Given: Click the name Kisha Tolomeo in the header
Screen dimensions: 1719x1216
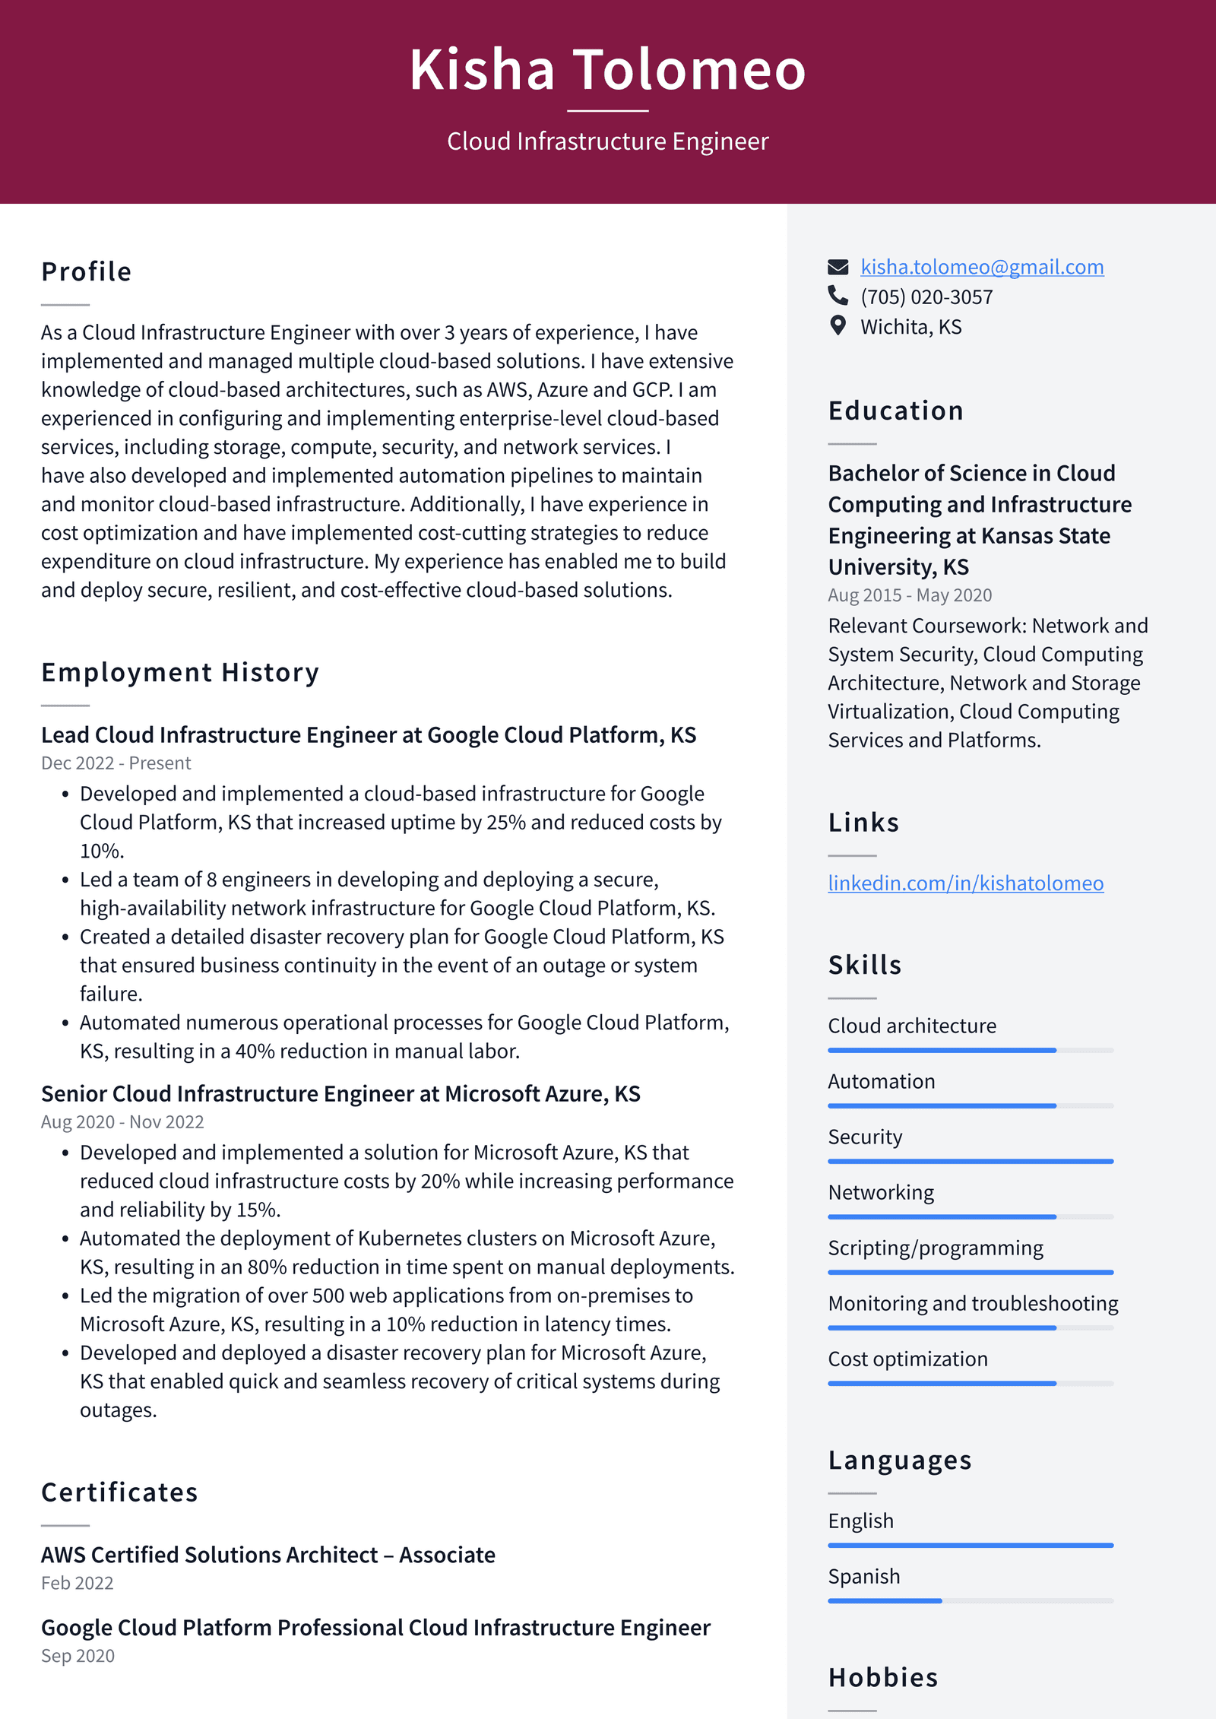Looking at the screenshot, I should point(607,70).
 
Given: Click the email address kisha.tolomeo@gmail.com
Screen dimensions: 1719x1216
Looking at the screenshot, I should point(982,267).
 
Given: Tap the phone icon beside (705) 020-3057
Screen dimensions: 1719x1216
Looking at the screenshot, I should point(838,296).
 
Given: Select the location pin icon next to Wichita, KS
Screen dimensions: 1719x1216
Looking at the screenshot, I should point(838,326).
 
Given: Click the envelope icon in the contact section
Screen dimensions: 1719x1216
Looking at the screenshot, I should point(838,267).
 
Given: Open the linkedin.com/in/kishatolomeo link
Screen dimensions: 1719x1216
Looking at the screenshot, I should point(965,883).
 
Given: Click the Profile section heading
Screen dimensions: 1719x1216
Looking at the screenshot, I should point(87,271).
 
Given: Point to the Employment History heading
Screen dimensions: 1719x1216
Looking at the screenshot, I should point(180,672).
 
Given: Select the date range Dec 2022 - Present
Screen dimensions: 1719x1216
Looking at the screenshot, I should point(116,763).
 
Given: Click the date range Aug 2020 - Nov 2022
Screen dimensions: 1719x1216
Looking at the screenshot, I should point(122,1121).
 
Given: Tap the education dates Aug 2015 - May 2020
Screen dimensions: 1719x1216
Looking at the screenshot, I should point(910,595).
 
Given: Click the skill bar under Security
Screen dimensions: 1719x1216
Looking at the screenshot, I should point(971,1161).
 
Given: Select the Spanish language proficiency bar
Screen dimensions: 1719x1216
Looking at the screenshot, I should point(971,1600).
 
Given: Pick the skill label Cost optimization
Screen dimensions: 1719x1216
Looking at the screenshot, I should point(907,1359).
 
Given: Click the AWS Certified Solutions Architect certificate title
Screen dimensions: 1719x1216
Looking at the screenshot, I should point(268,1555).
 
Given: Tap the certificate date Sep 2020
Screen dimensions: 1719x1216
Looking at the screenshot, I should point(78,1656).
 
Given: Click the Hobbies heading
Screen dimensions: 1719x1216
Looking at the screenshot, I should point(883,1677).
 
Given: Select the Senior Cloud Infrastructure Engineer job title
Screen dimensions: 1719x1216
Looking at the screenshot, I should point(340,1093).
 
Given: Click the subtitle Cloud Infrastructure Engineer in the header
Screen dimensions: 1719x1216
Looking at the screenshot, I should point(607,141).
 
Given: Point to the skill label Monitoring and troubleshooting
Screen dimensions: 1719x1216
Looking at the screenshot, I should point(973,1303).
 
